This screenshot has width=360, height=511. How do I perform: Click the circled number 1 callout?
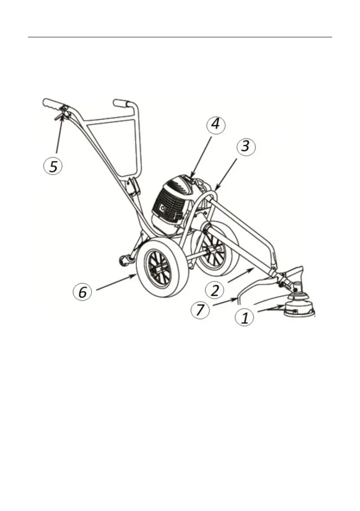[x=245, y=318]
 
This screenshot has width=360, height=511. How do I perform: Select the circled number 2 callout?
[x=215, y=290]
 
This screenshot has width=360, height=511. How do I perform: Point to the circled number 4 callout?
[x=216, y=125]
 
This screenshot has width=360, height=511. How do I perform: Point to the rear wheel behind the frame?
[x=215, y=253]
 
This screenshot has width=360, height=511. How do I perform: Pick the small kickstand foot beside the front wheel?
[x=124, y=260]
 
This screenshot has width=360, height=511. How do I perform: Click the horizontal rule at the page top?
[x=180, y=37]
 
